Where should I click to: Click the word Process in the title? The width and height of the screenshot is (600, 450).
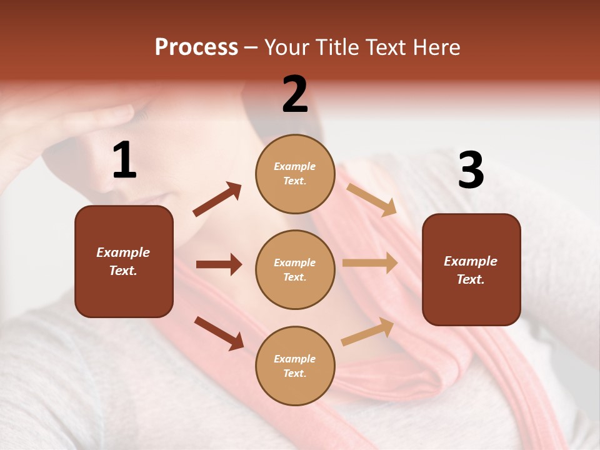coord(196,47)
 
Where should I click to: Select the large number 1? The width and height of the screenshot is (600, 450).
coord(124,161)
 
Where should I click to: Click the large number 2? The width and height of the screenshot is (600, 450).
coord(295,94)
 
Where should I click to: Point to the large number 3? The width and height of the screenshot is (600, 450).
coord(471,171)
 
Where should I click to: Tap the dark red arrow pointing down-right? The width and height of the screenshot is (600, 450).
coord(219,332)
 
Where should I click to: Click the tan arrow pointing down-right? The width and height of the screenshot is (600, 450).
coord(372,199)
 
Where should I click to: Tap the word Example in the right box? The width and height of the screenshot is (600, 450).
coord(471,261)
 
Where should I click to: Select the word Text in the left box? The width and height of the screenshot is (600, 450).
coord(122,271)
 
